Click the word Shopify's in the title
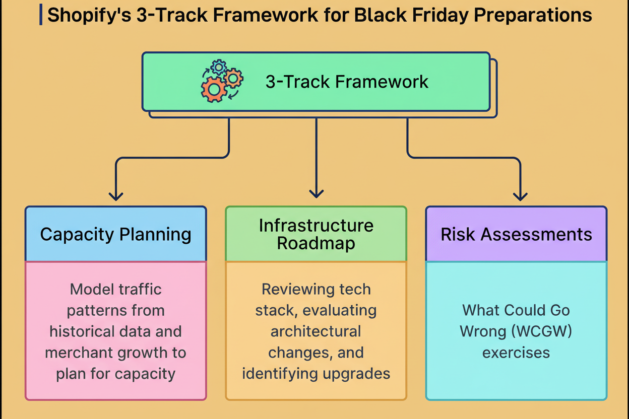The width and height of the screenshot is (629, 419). (x=89, y=16)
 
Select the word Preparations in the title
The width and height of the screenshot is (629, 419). (x=533, y=16)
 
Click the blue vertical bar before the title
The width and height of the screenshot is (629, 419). (x=41, y=15)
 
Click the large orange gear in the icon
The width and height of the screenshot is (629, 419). (x=214, y=89)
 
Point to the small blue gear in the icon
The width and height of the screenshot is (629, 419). (x=219, y=67)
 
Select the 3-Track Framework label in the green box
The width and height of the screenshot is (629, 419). (x=347, y=82)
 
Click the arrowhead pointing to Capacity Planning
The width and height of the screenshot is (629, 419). (x=116, y=196)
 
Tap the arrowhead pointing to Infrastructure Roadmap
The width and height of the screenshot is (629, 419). (x=317, y=194)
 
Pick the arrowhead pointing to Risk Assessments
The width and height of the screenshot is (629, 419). (x=520, y=196)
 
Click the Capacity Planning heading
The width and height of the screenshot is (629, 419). (x=116, y=234)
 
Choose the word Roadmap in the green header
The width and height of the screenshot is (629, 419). (x=316, y=243)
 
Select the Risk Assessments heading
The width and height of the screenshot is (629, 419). (x=517, y=234)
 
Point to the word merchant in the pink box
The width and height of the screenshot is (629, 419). (x=79, y=353)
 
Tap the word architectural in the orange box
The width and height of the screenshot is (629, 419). (x=316, y=331)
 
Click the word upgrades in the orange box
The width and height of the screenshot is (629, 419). (x=356, y=374)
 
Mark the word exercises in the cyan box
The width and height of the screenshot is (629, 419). (x=516, y=353)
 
